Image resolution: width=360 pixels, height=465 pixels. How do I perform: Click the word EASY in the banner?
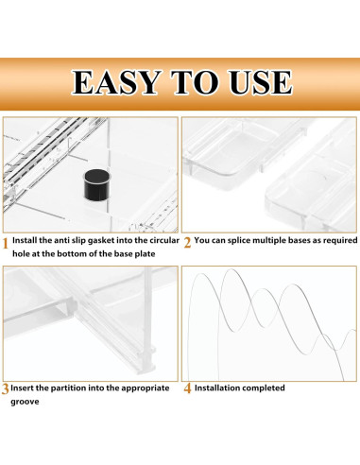tap(116, 82)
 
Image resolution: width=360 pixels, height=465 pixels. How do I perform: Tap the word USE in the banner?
tap(260, 82)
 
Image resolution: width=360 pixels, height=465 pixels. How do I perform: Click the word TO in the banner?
tap(195, 82)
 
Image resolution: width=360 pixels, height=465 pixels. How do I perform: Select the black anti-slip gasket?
tap(96, 184)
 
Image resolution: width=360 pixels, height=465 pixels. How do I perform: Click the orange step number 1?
tap(6, 244)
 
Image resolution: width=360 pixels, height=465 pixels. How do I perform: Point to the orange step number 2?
tap(187, 243)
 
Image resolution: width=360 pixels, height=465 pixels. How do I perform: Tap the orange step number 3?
tap(5, 389)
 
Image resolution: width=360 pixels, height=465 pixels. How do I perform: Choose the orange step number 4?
tap(187, 388)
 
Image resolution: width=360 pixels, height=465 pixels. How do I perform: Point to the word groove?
tap(25, 403)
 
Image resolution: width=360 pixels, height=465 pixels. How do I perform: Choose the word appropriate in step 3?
tap(146, 388)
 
